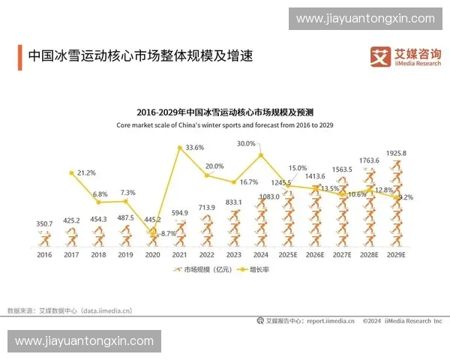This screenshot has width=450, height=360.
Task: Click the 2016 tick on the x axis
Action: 44,254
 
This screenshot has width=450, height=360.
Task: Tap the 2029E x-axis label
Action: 396,254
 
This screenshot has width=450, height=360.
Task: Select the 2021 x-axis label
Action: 179,254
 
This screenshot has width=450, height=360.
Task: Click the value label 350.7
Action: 45,223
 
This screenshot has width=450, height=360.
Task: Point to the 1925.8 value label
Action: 396,154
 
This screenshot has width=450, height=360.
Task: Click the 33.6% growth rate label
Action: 194,147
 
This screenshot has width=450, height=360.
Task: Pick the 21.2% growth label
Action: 86,172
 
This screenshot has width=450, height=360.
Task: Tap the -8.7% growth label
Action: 167,234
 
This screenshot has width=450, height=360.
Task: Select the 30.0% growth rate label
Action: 246,143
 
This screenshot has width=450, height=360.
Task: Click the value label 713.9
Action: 206,207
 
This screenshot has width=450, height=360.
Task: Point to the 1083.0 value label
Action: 268,196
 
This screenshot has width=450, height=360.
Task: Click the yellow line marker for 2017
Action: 71,173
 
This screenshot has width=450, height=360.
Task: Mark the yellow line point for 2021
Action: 179,148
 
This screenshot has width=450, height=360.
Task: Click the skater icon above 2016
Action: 45,238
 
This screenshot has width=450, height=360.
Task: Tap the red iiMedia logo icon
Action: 379,55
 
